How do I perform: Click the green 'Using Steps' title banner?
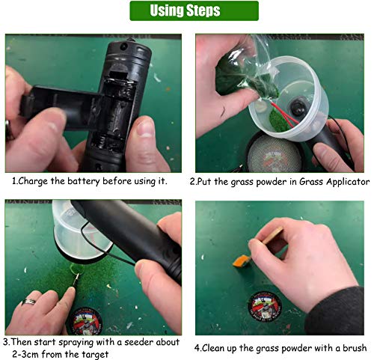194,10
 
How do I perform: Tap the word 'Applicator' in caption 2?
348,182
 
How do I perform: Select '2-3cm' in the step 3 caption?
25,354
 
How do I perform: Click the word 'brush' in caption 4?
355,348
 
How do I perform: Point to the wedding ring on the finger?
28,302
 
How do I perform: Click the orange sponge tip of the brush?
242,261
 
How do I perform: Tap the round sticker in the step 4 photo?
265,305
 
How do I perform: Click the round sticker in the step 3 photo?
85,321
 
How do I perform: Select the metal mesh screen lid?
274,153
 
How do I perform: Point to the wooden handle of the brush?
274,235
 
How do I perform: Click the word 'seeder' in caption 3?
138,342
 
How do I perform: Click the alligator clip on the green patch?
76,280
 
